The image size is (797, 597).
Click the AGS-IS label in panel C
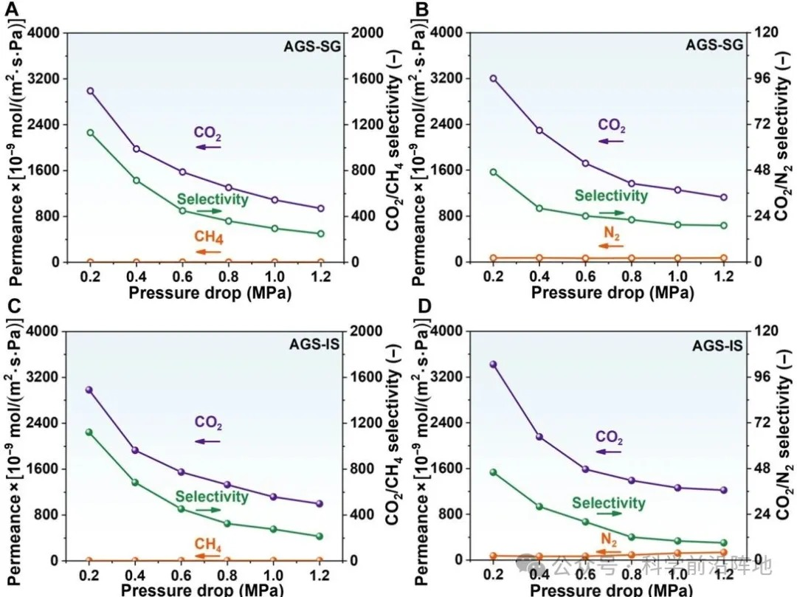[x=311, y=345]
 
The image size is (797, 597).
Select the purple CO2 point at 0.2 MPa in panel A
[x=90, y=91]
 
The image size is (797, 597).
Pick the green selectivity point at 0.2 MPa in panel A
[x=90, y=133]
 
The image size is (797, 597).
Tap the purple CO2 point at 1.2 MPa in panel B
[x=723, y=197]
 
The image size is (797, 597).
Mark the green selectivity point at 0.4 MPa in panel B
[x=539, y=208]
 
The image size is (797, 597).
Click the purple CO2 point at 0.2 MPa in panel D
[x=493, y=364]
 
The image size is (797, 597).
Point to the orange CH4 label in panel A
[x=209, y=238]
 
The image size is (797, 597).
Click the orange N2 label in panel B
[x=612, y=235]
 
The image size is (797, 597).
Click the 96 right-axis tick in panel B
[x=761, y=79]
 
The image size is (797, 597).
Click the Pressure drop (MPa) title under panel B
[x=612, y=292]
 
